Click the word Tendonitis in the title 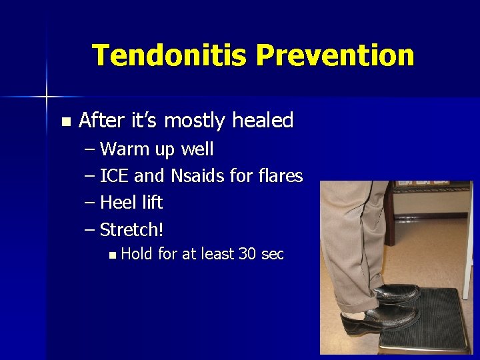point(170,55)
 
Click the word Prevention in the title point(335,55)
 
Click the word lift point(151,203)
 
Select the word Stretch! point(131,230)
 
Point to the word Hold point(137,254)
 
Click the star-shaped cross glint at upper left point(47,97)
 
